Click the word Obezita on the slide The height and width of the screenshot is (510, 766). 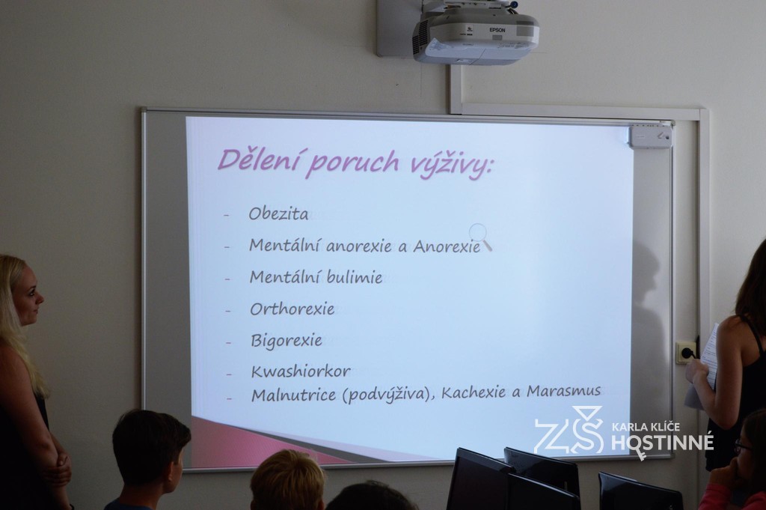(x=278, y=213)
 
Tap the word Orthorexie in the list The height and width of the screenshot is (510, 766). (x=292, y=309)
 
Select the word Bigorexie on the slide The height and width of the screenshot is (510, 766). (x=287, y=340)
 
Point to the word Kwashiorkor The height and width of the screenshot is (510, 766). (x=301, y=371)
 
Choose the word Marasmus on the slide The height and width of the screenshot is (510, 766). (x=563, y=391)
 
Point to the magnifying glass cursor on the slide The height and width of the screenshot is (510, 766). (x=480, y=237)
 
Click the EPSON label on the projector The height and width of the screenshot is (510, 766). (x=497, y=30)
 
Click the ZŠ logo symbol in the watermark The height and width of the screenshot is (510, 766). (x=569, y=431)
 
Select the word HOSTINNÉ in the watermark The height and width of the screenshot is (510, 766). (x=663, y=443)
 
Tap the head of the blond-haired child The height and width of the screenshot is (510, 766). (x=288, y=481)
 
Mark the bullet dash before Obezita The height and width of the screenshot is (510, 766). (x=226, y=215)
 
